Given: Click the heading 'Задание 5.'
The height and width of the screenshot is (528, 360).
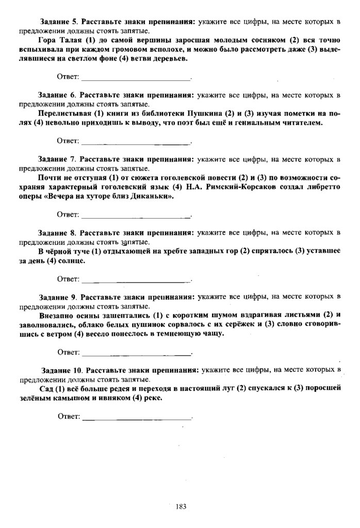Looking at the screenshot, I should point(59,21).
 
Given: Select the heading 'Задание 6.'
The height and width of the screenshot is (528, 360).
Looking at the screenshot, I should point(57,95).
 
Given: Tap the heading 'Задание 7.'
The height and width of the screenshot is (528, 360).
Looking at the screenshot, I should point(57,160).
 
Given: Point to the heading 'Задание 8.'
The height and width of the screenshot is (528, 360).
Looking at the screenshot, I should point(57,233).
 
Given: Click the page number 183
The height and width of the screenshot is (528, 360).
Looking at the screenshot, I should point(180,506).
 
